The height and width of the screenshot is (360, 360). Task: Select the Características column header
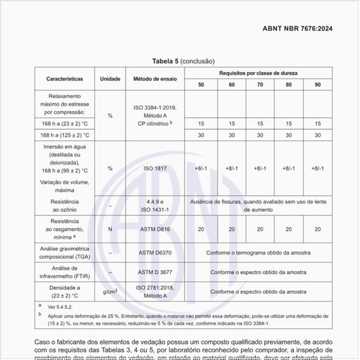point(64,79)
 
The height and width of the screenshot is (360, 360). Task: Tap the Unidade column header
point(110,79)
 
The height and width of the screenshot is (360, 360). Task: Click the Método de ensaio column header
point(155,79)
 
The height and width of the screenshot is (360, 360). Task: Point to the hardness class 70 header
point(260,85)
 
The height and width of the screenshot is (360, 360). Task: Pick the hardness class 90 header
point(317,85)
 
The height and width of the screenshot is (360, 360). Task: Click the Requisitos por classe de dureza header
point(260,72)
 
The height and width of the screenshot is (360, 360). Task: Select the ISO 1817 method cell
point(155,168)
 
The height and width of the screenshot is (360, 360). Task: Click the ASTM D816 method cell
point(155,229)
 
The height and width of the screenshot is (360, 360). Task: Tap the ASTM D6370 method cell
point(155,253)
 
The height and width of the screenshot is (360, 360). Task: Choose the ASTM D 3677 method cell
point(155,272)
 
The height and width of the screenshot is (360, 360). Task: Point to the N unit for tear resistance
point(110,229)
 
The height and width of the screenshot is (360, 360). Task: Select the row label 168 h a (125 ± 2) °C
point(64,135)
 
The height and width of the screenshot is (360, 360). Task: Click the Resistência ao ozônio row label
point(64,206)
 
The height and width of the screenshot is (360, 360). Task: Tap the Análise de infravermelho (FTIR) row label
point(64,272)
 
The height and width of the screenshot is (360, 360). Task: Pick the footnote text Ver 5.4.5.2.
point(61,306)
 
